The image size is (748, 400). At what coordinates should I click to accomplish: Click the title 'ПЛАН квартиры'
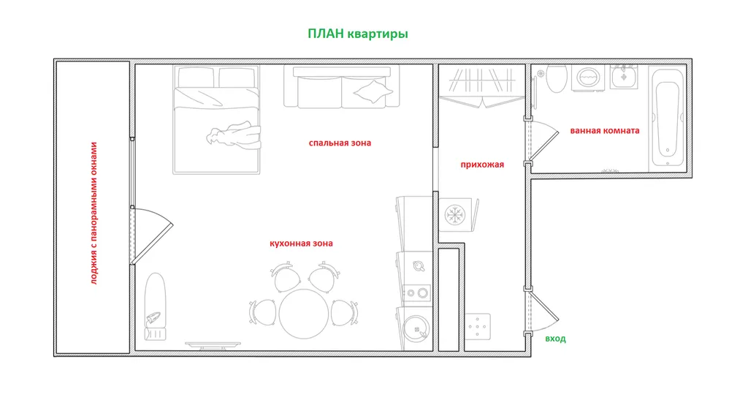click(x=358, y=34)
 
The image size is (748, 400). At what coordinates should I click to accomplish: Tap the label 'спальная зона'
click(x=340, y=143)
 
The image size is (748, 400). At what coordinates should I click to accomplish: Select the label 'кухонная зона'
click(x=301, y=244)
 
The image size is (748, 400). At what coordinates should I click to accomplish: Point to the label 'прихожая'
click(x=482, y=165)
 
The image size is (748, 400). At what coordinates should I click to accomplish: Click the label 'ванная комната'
click(x=604, y=130)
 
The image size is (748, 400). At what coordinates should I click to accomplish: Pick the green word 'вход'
click(x=555, y=339)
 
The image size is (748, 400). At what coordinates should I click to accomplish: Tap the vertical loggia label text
click(x=94, y=213)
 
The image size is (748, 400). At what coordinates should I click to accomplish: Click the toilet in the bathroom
click(x=556, y=78)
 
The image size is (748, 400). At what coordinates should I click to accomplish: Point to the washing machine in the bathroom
click(x=588, y=78)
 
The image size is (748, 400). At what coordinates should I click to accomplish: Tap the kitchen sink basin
click(x=416, y=329)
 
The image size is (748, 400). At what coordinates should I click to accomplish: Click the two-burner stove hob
click(x=416, y=293)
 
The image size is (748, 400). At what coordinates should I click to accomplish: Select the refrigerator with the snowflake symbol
click(x=457, y=215)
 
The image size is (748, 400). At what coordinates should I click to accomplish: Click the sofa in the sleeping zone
click(x=342, y=87)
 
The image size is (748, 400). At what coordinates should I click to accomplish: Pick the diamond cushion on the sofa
click(x=373, y=91)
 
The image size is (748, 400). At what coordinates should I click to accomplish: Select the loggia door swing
click(x=152, y=235)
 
